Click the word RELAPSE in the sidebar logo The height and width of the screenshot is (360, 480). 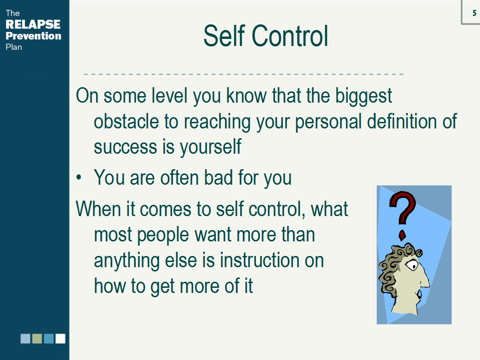(x=33, y=24)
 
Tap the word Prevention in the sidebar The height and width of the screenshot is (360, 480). (x=33, y=36)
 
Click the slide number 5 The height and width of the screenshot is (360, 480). (x=474, y=13)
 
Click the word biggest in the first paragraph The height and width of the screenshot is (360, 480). (x=363, y=96)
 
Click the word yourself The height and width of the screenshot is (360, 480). (x=210, y=147)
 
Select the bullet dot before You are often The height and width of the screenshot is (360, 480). (x=79, y=177)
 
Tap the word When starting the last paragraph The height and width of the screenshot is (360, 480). (x=98, y=209)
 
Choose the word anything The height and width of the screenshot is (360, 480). (x=127, y=261)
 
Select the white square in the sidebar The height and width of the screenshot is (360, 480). (x=60, y=338)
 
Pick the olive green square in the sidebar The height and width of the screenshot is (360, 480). (x=37, y=338)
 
